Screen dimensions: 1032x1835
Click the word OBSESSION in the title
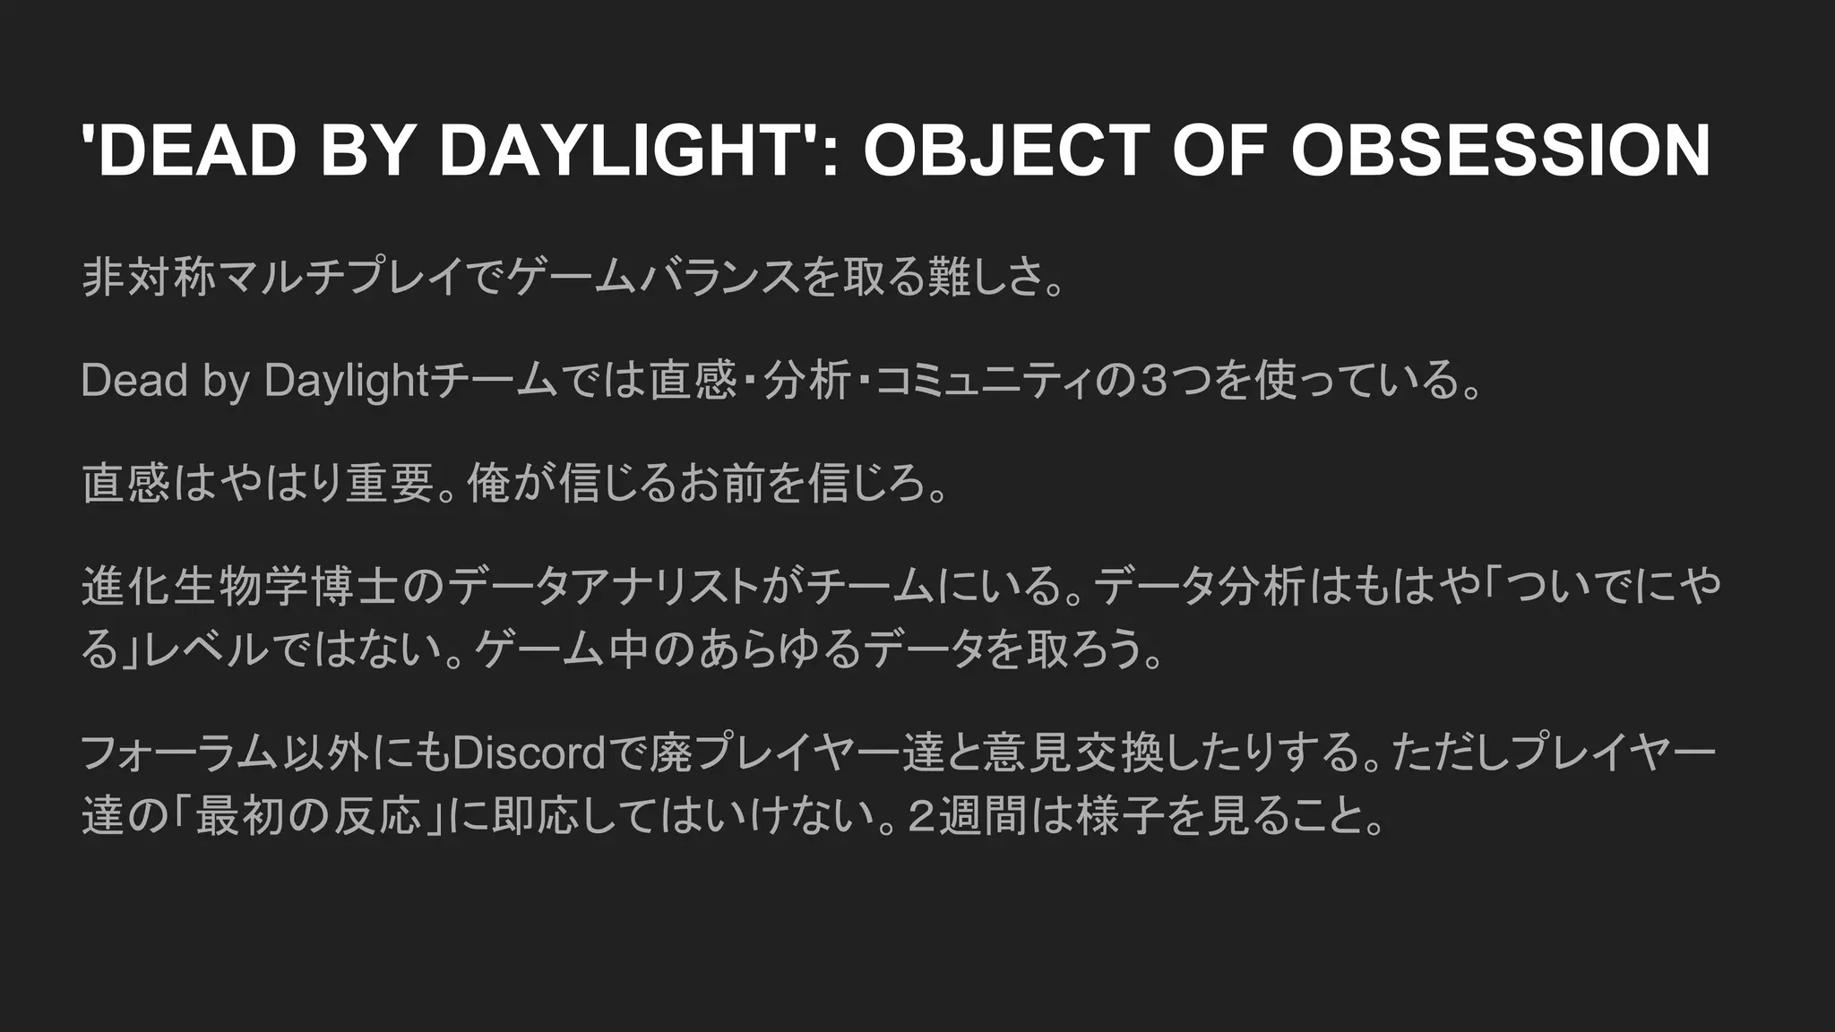tap(1501, 150)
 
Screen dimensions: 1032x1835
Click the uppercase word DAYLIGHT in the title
tap(622, 150)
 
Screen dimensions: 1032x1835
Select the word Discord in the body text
tap(530, 753)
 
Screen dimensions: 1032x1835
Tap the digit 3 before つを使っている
tap(1157, 381)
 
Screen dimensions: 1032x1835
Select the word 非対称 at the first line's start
tap(149, 277)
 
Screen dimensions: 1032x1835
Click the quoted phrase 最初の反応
tap(308, 816)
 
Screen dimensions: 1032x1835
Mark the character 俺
tap(489, 484)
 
